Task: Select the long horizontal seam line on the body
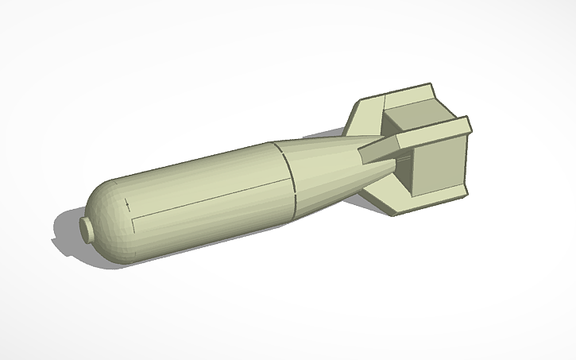pos(207,203)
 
